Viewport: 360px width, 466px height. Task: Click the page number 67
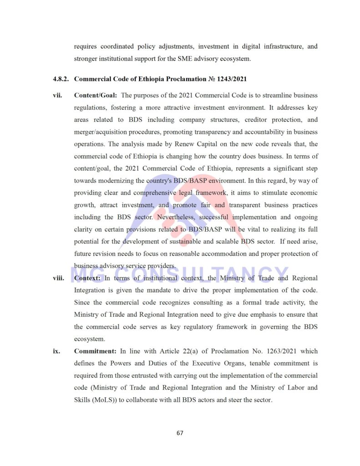click(x=180, y=433)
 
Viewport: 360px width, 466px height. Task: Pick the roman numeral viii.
click(x=58, y=278)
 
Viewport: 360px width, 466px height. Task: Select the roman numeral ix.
click(x=56, y=351)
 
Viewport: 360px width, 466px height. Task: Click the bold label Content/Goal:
click(x=96, y=96)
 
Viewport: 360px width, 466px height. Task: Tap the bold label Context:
click(x=87, y=278)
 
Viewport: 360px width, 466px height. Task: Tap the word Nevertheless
click(x=176, y=218)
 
